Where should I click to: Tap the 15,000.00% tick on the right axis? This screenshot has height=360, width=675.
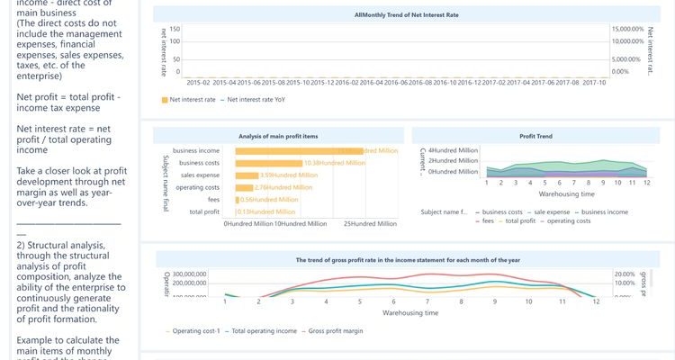coord(626,30)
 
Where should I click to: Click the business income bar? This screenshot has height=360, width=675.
coord(298,150)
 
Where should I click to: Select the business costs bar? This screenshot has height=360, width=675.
coord(268,163)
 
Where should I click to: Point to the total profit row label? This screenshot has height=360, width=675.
coord(204,211)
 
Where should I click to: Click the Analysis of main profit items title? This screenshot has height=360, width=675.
coord(278,136)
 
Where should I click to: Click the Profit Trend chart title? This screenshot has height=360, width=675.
coord(535,136)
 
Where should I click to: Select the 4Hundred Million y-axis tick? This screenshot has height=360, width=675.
coord(454,150)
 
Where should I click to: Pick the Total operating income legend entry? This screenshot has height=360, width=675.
coord(265,331)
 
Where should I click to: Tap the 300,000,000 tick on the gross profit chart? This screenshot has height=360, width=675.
coord(190,274)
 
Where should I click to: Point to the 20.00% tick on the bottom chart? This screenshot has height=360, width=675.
coord(625,274)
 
